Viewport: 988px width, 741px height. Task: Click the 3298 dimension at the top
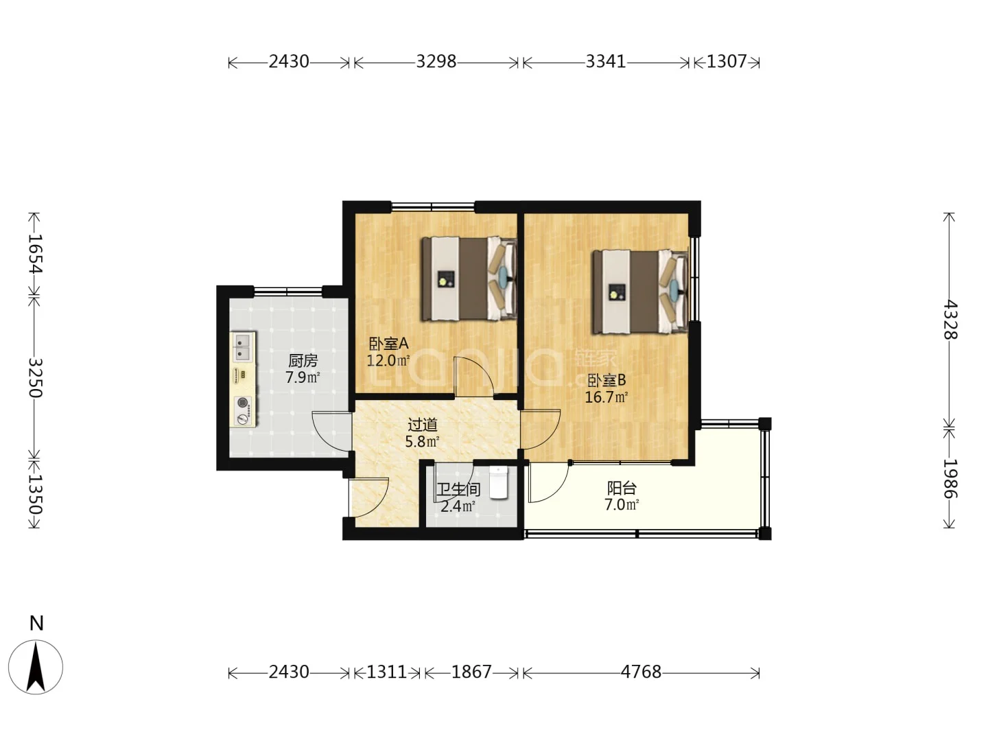[x=436, y=62]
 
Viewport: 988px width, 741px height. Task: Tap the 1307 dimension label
[x=727, y=62]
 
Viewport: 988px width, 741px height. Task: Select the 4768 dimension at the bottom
[x=641, y=672]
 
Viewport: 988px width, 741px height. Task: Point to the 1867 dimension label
[x=471, y=672]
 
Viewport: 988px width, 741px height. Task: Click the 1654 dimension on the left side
[x=35, y=254]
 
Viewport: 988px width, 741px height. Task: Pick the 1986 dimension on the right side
[x=950, y=478]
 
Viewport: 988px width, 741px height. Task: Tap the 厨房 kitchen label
[x=303, y=360]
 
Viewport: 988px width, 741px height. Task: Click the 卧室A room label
[x=388, y=344]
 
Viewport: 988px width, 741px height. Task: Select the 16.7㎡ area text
[x=606, y=397]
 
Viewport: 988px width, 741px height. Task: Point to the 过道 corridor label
[x=422, y=425]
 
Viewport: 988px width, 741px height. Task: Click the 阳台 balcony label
[x=622, y=488]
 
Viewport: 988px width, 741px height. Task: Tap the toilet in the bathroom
[x=498, y=483]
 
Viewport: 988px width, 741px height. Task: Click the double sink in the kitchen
[x=243, y=347]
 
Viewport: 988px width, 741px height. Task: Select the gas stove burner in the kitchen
[x=244, y=402]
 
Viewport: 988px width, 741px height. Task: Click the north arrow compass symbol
[x=36, y=667]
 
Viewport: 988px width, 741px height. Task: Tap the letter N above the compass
[x=36, y=624]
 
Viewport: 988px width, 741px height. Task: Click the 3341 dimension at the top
[x=605, y=62]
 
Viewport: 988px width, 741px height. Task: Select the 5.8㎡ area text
[x=422, y=441]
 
